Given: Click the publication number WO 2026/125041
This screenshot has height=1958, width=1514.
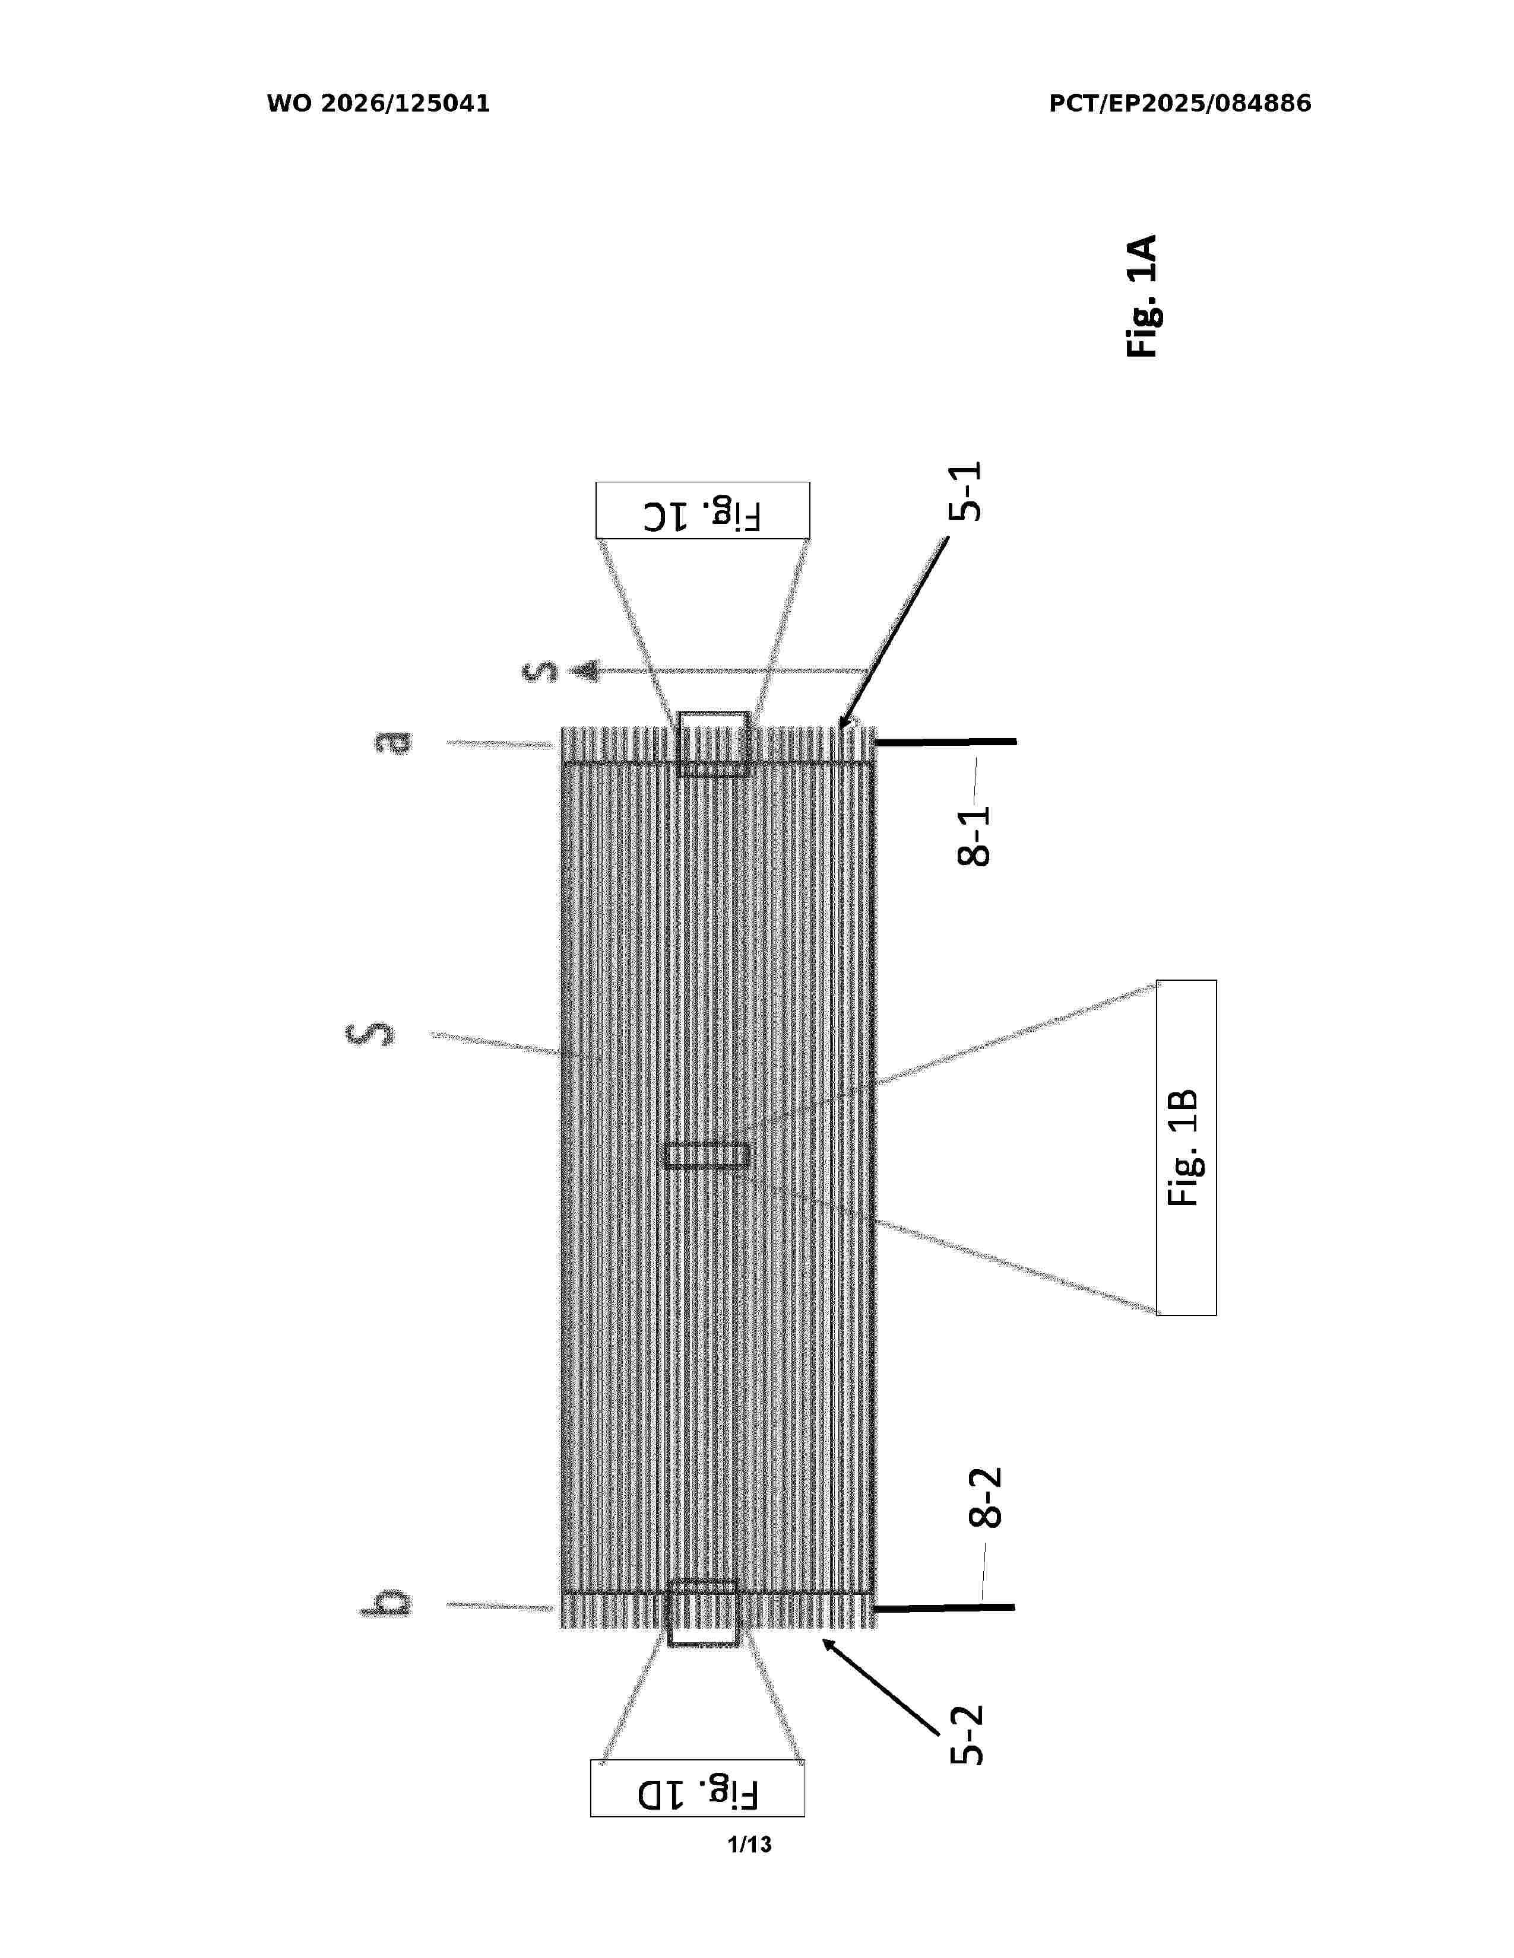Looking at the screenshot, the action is [379, 104].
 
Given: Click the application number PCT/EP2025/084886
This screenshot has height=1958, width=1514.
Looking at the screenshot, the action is [1180, 104].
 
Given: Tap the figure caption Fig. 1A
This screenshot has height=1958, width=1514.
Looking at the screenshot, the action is [1142, 297].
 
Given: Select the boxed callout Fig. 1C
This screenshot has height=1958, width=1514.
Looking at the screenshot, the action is [702, 510].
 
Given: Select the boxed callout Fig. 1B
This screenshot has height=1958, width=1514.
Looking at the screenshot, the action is [1186, 1148].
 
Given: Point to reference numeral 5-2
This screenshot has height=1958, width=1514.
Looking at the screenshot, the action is [967, 1735].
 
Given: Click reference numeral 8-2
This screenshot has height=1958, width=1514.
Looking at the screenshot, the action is [985, 1497].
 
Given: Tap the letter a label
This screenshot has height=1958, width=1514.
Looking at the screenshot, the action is [394, 742].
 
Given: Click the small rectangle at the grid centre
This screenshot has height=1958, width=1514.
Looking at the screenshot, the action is [706, 1156].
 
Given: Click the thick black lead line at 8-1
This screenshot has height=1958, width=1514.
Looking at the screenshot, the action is [945, 742].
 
